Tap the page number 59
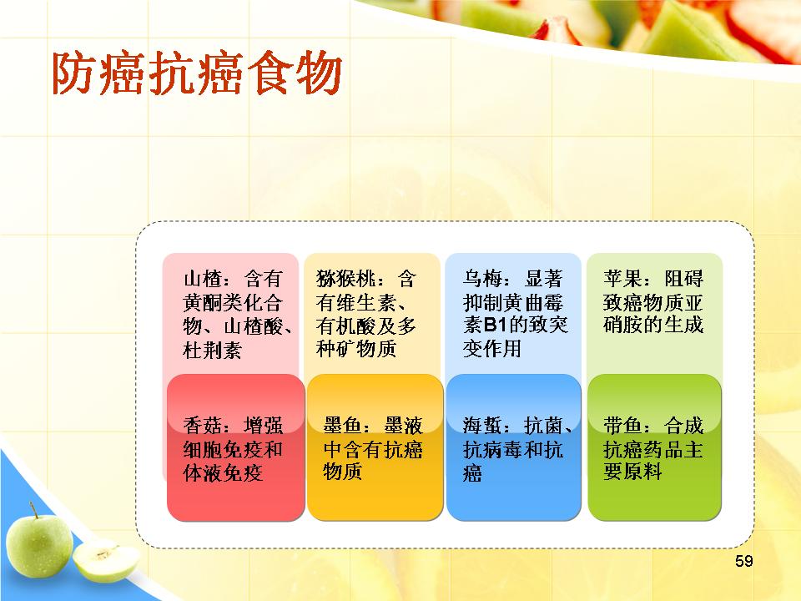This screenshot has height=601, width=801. (x=743, y=561)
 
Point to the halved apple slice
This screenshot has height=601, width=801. (x=106, y=560)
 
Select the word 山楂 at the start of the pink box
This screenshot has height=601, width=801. (x=203, y=279)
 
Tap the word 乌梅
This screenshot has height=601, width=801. (x=483, y=279)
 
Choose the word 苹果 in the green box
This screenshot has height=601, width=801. (x=623, y=279)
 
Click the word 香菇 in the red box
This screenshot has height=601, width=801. (x=203, y=425)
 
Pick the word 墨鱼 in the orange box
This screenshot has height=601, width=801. (x=343, y=425)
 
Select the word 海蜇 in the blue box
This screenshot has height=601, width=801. (x=483, y=425)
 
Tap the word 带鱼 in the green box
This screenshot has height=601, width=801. (x=623, y=425)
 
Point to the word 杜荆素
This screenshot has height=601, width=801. (x=213, y=350)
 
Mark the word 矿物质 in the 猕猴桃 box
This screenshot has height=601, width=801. (x=366, y=349)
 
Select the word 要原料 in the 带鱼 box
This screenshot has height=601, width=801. (x=633, y=471)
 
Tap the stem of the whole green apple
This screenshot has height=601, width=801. (x=33, y=510)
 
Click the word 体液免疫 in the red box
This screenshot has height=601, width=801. (x=223, y=472)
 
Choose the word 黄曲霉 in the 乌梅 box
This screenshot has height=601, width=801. (x=533, y=303)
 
